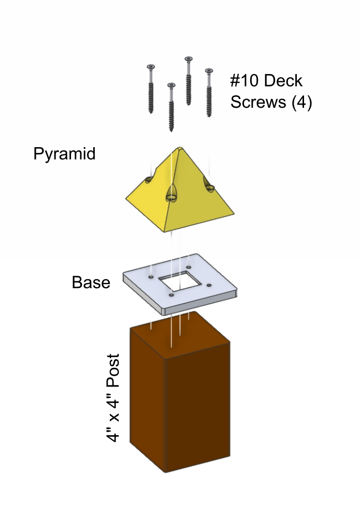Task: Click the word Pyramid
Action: pos(64,154)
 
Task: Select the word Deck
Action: pos(284,81)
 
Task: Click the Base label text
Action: pos(91,283)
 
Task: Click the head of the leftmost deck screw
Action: pos(151,67)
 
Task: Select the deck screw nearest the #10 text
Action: pos(209,93)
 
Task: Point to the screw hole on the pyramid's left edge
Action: pos(149,180)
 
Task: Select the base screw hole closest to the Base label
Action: pos(150,278)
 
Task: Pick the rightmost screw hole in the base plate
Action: pos(209,285)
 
